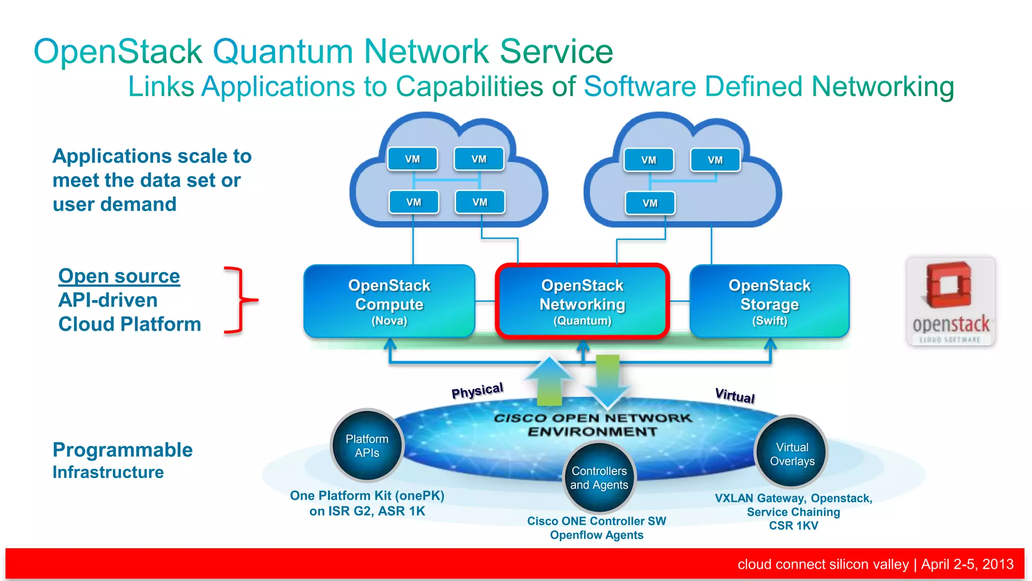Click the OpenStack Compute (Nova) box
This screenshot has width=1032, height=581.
click(389, 301)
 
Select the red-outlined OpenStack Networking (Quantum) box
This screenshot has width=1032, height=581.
click(582, 301)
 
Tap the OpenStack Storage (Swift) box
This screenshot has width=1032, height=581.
click(769, 301)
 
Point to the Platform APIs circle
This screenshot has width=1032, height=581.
click(367, 445)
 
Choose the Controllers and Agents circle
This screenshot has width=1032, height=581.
click(599, 477)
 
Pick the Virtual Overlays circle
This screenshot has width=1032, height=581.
click(792, 453)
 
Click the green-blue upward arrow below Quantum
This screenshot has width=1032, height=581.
click(549, 381)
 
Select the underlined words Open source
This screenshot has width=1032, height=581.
click(119, 276)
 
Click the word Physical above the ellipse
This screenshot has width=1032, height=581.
click(477, 390)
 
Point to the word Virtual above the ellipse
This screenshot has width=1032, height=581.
click(735, 395)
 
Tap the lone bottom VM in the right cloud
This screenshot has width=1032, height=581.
click(650, 203)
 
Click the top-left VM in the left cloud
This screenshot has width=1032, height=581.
click(412, 159)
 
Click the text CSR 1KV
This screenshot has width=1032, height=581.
click(793, 526)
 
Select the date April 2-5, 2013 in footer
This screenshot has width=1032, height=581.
click(967, 564)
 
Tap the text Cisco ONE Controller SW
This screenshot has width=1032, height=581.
click(596, 521)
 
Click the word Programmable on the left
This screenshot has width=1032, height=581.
click(122, 449)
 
